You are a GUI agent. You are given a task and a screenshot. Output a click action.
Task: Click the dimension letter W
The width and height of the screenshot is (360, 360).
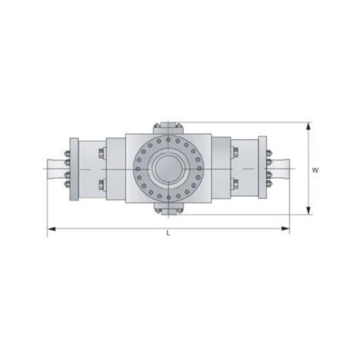coord(315,170)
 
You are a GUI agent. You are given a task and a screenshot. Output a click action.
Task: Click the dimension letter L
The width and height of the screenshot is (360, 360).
coord(168,233)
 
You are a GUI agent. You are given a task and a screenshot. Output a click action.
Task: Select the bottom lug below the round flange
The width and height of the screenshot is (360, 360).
coord(168,208)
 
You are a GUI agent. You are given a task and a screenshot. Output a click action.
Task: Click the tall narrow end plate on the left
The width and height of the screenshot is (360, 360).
coord(74,169)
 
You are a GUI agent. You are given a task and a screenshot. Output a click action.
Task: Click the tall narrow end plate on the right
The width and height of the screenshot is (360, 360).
coord(262,169)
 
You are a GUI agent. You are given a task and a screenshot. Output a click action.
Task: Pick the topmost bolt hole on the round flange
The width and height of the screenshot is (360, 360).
coord(169,139)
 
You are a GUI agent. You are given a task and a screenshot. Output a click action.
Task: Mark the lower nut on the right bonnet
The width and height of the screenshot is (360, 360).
coord(235,184)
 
